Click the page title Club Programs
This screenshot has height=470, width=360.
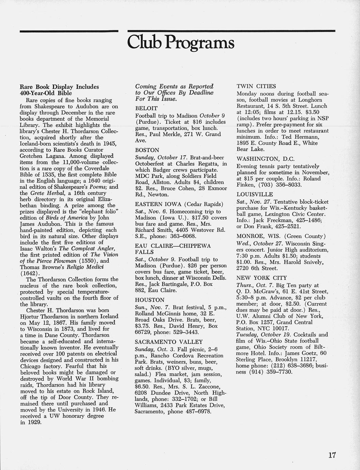[x=181, y=43]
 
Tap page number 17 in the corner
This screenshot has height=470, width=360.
[x=332, y=455]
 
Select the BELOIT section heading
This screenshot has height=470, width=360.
[x=146, y=108]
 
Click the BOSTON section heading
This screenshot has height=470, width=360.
[x=147, y=150]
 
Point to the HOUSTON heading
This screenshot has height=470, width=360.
[x=150, y=300]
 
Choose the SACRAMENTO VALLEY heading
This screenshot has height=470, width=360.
[x=169, y=342]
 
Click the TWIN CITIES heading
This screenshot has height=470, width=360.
[x=256, y=87]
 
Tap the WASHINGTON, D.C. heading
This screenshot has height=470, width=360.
[x=265, y=159]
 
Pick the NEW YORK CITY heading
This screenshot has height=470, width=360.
[x=261, y=278]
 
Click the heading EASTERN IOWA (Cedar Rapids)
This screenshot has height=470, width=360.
[x=179, y=204]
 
